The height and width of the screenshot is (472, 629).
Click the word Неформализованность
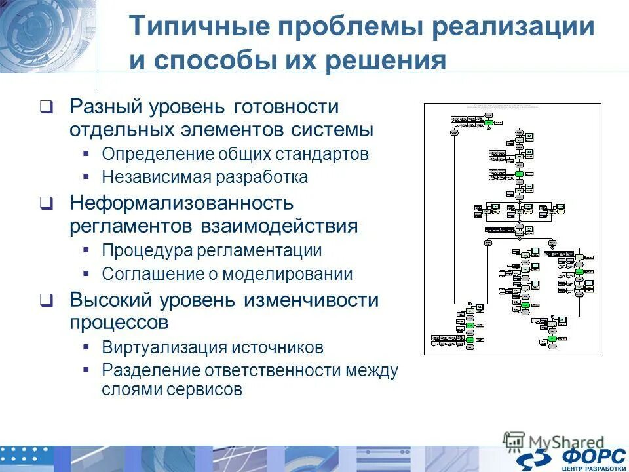coord(181,203)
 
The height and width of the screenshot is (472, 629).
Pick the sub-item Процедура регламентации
coord(212,251)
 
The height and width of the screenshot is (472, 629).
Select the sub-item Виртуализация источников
coord(212,347)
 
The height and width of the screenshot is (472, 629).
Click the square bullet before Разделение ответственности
coord(86,370)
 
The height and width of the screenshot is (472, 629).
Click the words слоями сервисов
coord(172,390)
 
